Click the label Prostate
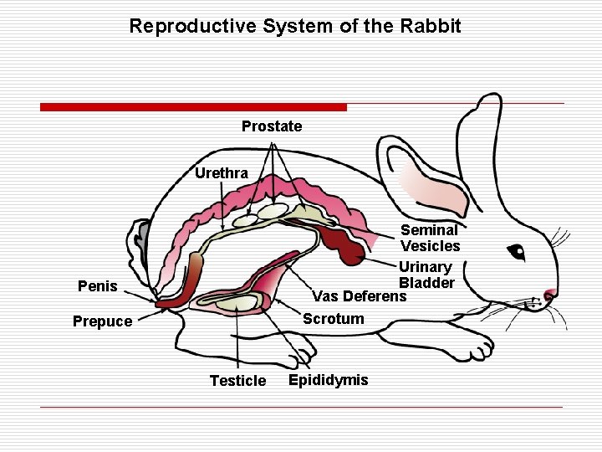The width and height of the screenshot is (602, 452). (272, 126)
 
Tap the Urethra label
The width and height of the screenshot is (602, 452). (221, 173)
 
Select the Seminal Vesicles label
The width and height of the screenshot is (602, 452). (430, 238)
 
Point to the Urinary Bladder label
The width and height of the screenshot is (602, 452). (426, 275)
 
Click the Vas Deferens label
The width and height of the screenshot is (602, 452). (359, 296)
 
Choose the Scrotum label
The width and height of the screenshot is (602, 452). (333, 319)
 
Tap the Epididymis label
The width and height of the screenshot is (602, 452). (328, 380)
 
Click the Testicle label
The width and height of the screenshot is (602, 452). (237, 381)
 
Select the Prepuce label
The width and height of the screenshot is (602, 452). (102, 321)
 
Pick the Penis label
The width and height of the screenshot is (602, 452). (97, 286)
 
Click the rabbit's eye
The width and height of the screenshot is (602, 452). (516, 251)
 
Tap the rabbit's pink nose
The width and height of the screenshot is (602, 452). (549, 295)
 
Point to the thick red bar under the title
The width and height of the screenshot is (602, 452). (193, 107)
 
